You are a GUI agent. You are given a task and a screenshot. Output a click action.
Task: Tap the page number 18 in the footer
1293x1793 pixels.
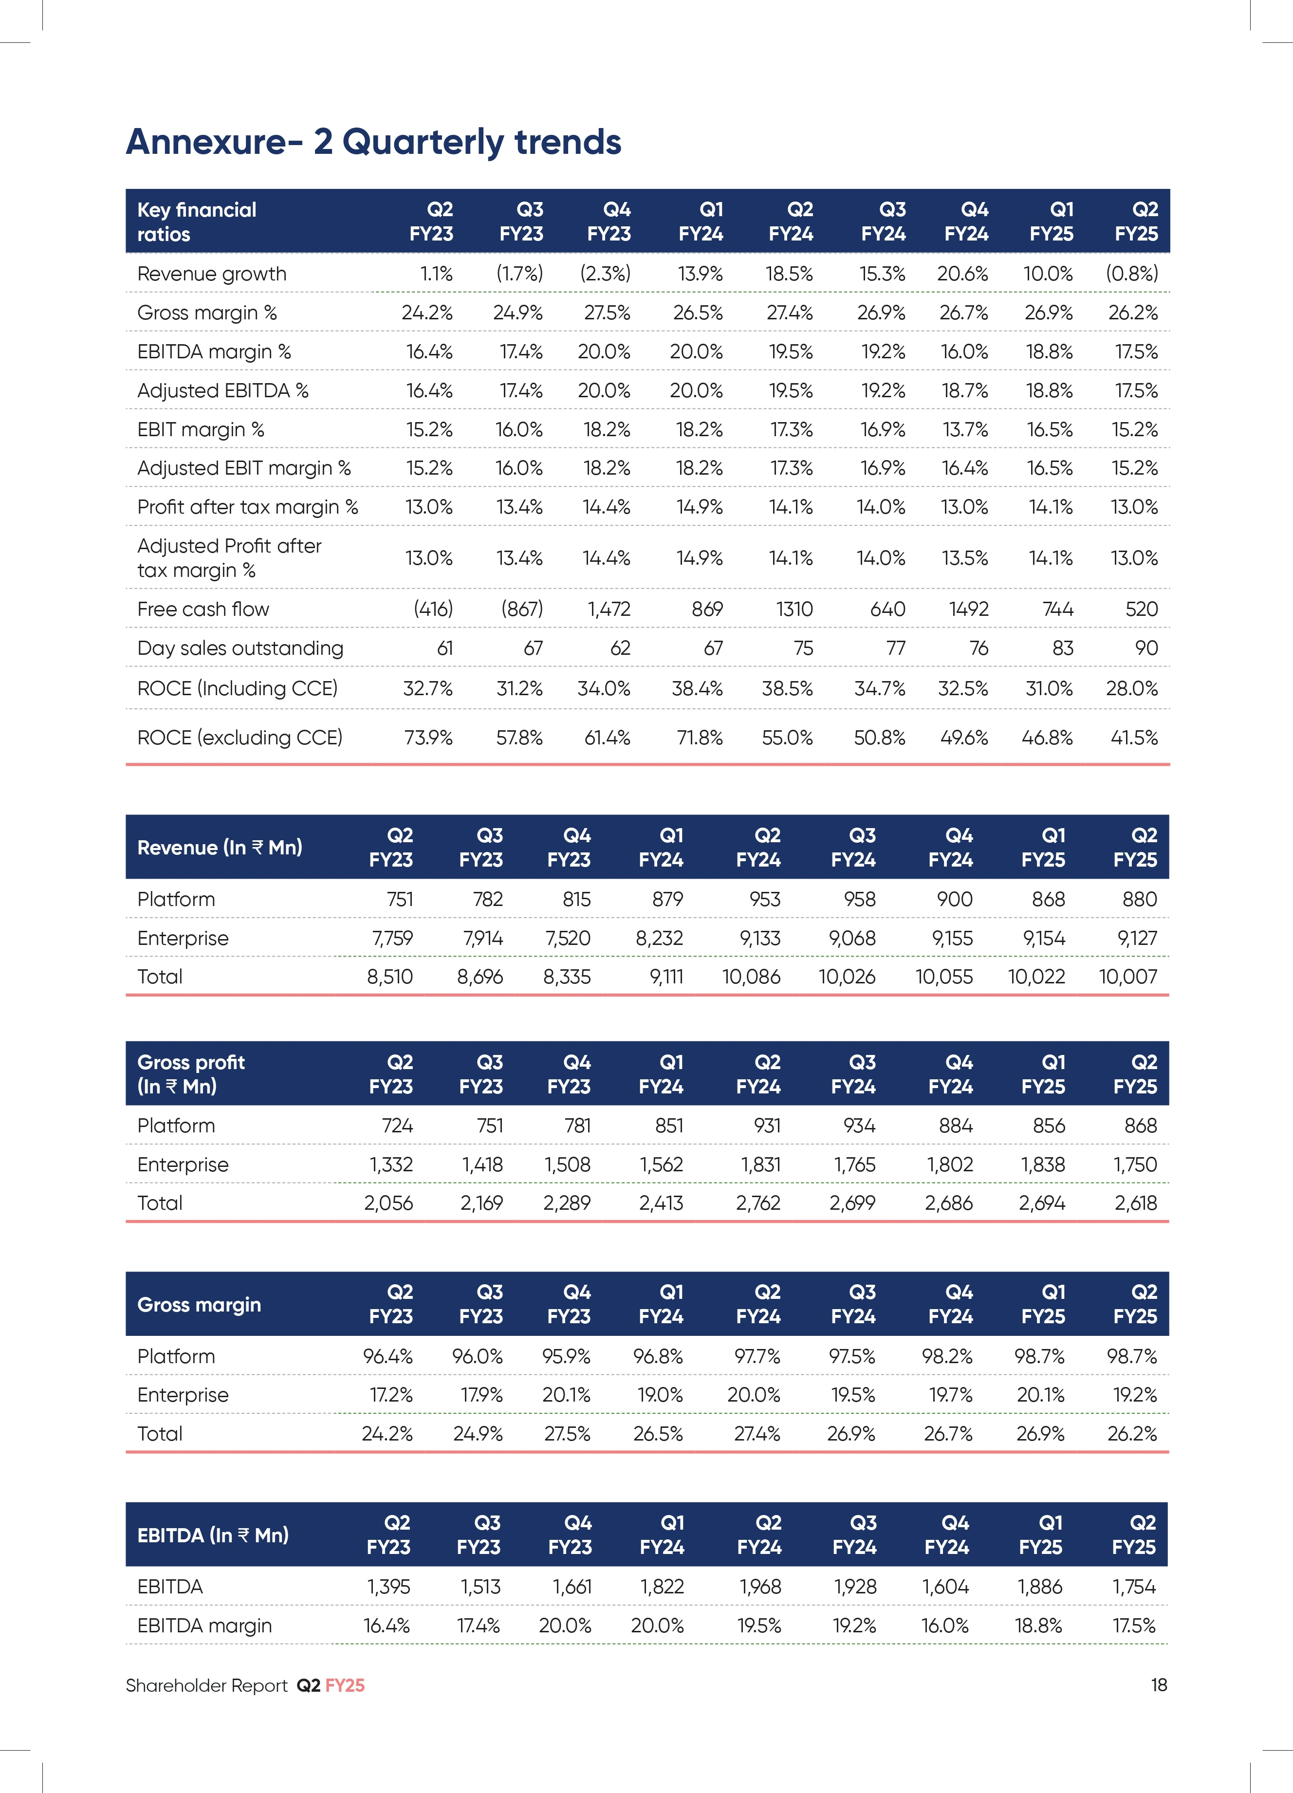tap(1159, 1685)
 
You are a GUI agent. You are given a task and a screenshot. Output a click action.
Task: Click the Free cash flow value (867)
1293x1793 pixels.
tap(521, 609)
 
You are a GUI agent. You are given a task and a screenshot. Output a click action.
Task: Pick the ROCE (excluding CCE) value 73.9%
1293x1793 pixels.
tap(428, 738)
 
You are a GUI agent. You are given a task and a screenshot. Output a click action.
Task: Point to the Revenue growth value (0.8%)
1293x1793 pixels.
tap(1132, 274)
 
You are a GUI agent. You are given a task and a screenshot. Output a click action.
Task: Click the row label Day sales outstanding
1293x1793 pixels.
tap(240, 648)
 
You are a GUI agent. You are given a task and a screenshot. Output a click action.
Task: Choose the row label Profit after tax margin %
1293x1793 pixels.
tap(247, 507)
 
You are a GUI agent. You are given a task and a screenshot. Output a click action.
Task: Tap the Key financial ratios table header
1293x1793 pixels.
tap(197, 222)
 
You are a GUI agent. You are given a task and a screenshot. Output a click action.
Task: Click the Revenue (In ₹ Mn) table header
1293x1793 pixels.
tap(220, 848)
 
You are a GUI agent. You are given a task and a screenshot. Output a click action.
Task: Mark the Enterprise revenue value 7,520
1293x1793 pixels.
tap(568, 939)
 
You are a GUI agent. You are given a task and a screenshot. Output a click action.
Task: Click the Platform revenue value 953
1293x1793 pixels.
tap(765, 900)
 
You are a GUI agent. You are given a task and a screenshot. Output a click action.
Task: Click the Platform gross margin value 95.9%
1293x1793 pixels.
tap(566, 1357)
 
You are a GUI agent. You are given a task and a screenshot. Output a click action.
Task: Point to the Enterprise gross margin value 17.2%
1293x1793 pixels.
tap(391, 1395)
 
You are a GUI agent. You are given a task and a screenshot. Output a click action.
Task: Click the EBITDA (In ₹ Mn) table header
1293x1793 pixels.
tap(213, 1535)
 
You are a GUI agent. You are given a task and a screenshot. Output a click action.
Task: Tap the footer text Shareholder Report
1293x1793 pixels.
tap(206, 1685)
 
